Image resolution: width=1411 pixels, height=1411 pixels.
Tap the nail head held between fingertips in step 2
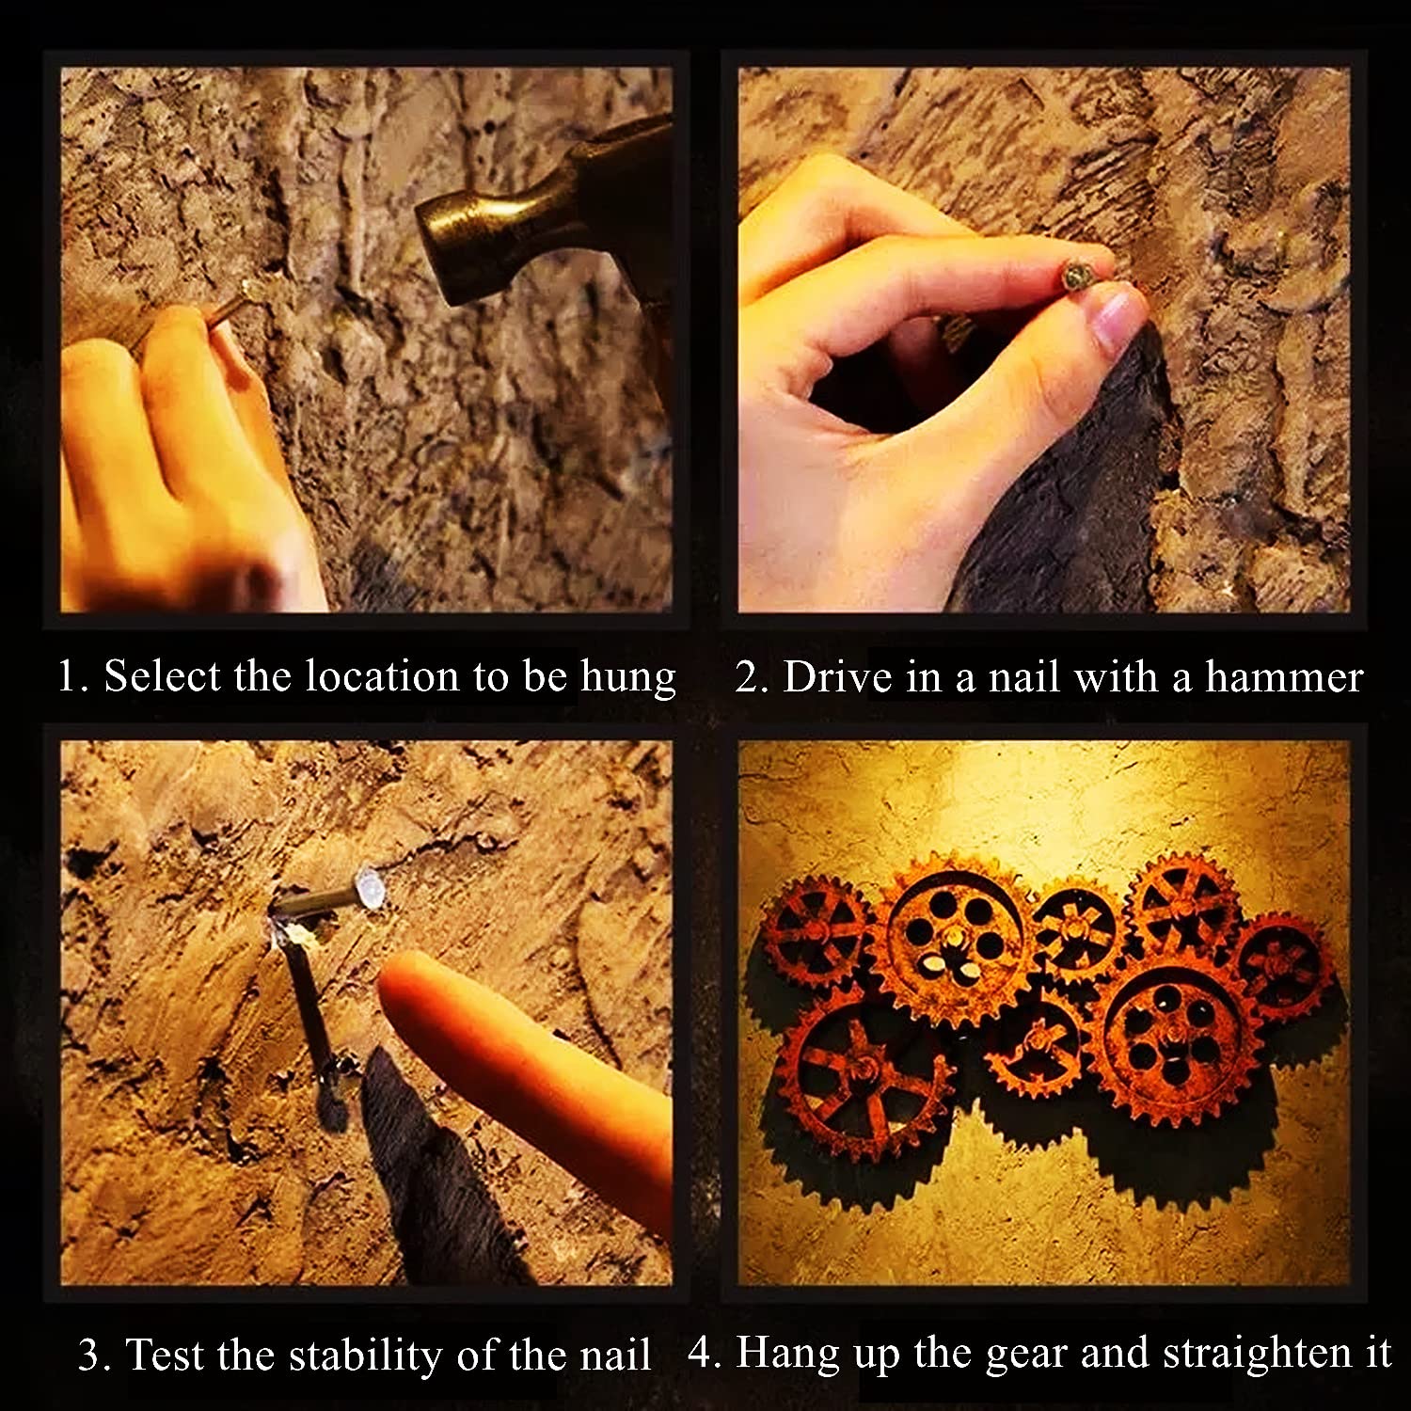pos(1075,275)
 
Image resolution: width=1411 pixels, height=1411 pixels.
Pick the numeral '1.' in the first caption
pos(72,677)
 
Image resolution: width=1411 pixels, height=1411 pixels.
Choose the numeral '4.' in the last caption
pos(705,1355)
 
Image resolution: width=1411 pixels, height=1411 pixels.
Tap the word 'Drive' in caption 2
pos(837,677)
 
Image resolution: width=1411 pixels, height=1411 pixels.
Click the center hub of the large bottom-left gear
pos(861,1071)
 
